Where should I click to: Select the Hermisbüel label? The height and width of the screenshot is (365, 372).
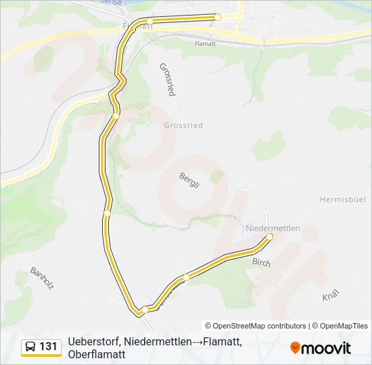[343, 199]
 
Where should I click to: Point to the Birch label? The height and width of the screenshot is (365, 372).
[261, 262]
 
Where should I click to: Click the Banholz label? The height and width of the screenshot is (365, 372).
[41, 278]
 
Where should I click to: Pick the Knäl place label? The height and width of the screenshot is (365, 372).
[330, 297]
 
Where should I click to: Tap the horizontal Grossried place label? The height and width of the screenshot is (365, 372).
[183, 126]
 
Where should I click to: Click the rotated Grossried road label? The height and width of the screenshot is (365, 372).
[167, 79]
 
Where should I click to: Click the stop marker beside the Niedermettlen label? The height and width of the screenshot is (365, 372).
[269, 237]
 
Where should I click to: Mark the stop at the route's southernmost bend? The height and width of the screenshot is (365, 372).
[145, 310]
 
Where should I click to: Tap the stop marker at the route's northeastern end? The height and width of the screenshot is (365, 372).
[218, 17]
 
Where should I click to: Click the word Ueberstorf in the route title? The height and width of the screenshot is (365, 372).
[93, 343]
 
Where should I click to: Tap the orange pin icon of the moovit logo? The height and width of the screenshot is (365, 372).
[295, 348]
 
